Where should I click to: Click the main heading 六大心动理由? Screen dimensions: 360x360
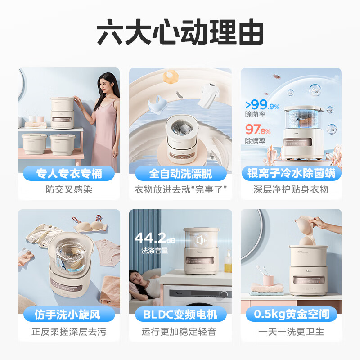180,32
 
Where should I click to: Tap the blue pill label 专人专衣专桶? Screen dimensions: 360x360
69,173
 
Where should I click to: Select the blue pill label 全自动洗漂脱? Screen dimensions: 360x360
180,173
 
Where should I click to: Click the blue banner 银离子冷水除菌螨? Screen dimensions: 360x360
291,173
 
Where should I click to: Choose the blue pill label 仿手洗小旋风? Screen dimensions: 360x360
69,314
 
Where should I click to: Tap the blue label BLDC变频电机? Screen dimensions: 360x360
180,314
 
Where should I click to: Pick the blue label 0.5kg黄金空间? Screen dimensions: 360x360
291,314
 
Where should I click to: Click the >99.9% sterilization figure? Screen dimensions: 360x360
262,104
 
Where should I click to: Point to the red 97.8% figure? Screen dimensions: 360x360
258,130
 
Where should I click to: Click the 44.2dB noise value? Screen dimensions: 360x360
155,238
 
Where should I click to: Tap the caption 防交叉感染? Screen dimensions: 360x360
69,189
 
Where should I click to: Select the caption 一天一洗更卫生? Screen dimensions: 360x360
291,332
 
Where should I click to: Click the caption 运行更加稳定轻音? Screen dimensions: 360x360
179,332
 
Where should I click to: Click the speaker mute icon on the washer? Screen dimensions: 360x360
201,240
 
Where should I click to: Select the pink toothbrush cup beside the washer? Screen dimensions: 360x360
268,280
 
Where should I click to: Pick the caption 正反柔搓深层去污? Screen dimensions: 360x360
69,332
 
